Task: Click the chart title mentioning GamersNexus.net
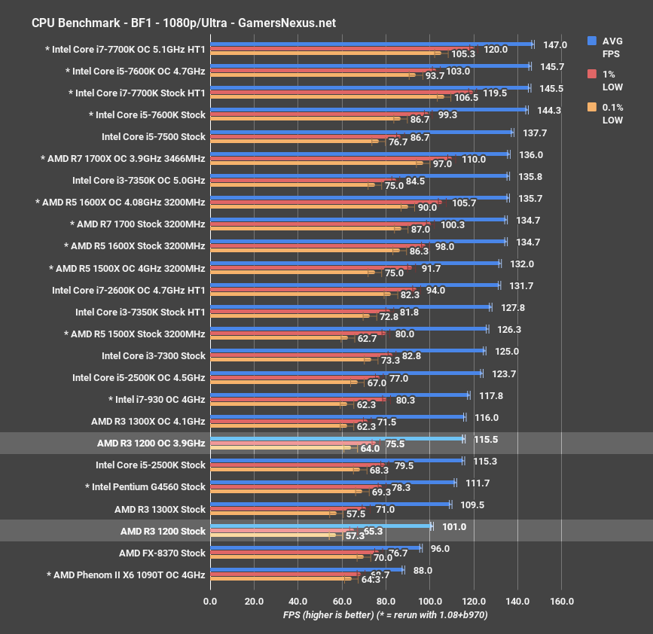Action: pos(184,23)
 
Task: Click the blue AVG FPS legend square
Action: pos(592,41)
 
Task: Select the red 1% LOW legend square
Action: pos(592,74)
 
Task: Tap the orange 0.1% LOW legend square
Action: pos(592,108)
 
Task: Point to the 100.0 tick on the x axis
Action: pos(430,601)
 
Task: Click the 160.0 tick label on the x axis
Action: pos(562,601)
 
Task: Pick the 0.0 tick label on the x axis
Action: pos(210,601)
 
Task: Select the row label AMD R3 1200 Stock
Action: pos(163,531)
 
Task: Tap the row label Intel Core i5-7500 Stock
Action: pos(154,137)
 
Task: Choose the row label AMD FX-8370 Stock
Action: pos(162,553)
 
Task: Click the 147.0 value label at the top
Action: pos(554,45)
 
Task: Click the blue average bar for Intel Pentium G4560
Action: pos(332,483)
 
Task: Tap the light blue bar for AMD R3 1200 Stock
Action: pos(320,526)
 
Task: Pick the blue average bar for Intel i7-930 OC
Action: pos(339,395)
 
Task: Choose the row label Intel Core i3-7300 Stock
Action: pos(154,355)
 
